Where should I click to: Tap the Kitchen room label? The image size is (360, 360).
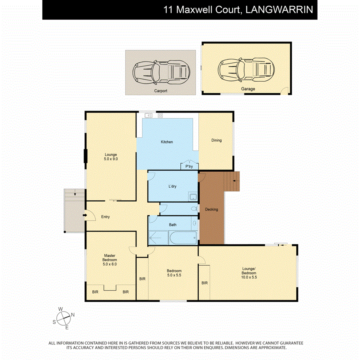click(x=167, y=142)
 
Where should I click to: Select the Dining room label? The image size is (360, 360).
click(x=216, y=140)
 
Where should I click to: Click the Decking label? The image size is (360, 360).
click(x=211, y=209)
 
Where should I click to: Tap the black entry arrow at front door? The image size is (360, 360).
click(x=85, y=216)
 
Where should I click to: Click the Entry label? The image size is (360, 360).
click(x=105, y=217)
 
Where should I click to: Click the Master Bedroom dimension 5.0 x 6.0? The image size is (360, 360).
click(x=110, y=264)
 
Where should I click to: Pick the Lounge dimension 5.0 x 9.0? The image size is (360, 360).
click(x=111, y=159)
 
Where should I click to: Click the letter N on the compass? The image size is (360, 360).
click(x=73, y=315)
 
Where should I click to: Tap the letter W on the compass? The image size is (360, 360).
click(x=61, y=309)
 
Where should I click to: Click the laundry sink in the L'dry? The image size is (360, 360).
click(x=193, y=197)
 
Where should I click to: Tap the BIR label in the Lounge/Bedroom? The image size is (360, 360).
click(x=204, y=283)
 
